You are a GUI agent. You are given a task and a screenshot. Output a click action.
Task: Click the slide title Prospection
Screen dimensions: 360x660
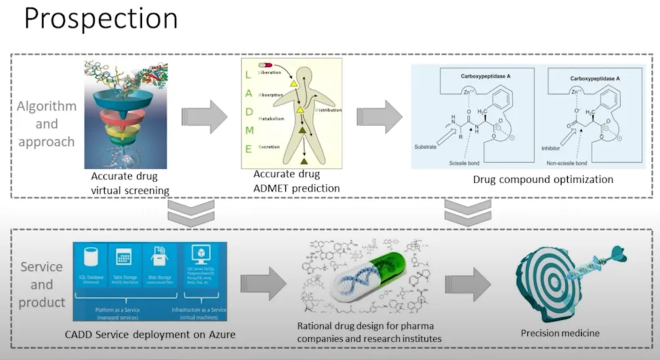pos(100,20)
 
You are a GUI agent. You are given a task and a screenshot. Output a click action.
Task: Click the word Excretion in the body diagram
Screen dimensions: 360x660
pos(271,147)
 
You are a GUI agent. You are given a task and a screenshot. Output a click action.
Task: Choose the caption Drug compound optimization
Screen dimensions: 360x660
pos(543,180)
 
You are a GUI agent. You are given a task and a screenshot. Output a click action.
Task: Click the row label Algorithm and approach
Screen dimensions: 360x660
pos(46,124)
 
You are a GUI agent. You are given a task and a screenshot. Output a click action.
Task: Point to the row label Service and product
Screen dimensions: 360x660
pos(42,285)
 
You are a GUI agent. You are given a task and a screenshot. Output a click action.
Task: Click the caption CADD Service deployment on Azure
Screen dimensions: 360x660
pos(150,334)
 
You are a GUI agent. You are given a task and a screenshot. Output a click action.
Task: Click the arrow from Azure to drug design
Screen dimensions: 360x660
pos(263,284)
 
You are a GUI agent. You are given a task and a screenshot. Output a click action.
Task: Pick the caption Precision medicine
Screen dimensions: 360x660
pos(560,333)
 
